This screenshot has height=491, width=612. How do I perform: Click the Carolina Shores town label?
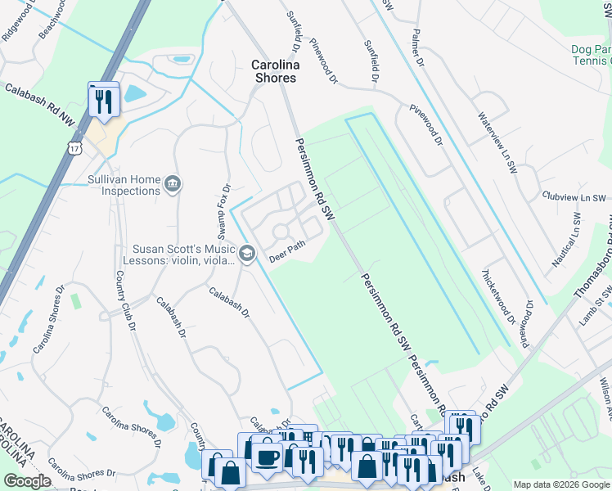point(275,71)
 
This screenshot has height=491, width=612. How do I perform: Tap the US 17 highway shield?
point(75,148)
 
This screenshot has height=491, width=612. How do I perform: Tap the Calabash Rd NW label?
point(38,104)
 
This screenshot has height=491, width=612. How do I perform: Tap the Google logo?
point(27,481)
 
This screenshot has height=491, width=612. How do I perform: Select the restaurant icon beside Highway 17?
point(104,101)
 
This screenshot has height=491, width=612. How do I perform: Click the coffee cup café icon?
point(267,456)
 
